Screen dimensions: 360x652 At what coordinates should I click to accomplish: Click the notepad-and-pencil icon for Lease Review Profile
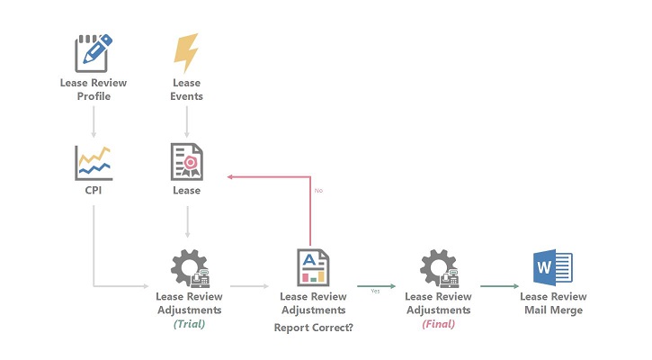click(x=94, y=53)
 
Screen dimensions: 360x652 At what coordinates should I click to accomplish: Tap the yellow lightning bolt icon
click(x=186, y=53)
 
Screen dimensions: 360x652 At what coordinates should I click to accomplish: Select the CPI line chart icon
click(x=94, y=162)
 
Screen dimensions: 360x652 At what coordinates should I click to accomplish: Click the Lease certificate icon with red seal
click(x=187, y=162)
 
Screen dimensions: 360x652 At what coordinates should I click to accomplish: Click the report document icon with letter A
click(x=312, y=267)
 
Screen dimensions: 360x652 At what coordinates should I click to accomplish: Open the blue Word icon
click(x=553, y=267)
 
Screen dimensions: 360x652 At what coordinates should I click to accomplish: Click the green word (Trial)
click(x=189, y=323)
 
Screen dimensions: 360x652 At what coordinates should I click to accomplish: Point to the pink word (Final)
click(x=439, y=323)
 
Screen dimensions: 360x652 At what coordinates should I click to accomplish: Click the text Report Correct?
click(x=313, y=328)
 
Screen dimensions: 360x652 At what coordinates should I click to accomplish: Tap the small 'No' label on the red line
click(x=318, y=191)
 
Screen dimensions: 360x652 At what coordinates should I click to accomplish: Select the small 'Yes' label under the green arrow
click(x=375, y=291)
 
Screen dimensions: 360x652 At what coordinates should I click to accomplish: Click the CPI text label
click(x=94, y=191)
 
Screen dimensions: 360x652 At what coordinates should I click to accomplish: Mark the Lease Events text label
click(x=186, y=89)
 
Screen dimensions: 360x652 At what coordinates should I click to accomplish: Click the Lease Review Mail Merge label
click(x=553, y=303)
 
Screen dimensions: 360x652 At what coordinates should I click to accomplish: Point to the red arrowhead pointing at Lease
click(x=231, y=176)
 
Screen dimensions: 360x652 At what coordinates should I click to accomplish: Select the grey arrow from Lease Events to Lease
click(x=187, y=121)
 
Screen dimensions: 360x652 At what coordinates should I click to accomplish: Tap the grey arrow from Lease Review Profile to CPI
click(x=94, y=121)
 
